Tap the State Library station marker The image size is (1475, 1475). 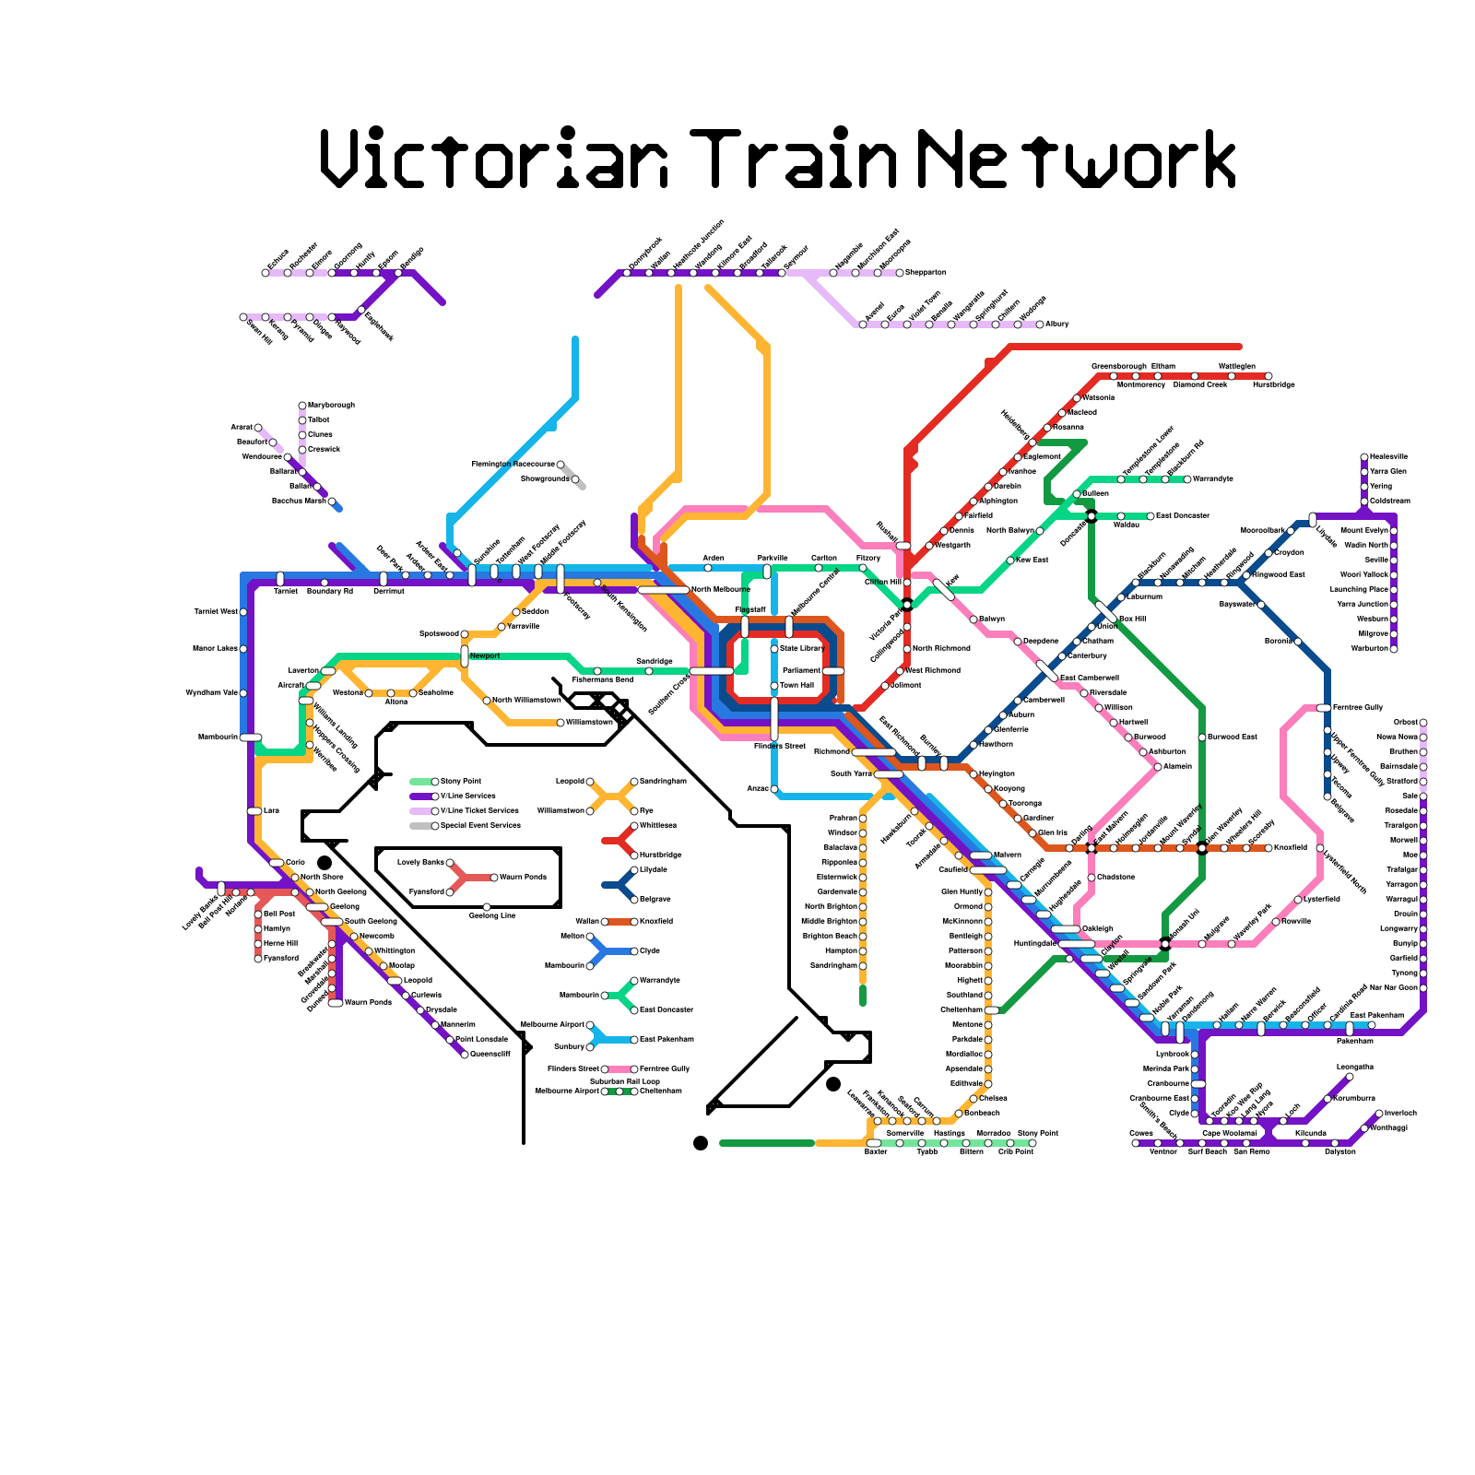pos(774,649)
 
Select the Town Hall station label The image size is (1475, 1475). pos(798,686)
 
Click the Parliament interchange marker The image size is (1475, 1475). pos(833,670)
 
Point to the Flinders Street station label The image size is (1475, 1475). pos(780,746)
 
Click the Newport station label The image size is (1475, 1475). pos(485,656)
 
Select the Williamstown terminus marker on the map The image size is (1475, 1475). pos(560,723)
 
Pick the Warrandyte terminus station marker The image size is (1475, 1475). pos(1187,478)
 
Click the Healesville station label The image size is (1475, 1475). pos(1389,457)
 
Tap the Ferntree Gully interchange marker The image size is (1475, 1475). pos(1324,707)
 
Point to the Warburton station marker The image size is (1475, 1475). pos(1394,649)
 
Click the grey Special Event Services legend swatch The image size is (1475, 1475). pos(420,826)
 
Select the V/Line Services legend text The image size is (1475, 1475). pos(468,796)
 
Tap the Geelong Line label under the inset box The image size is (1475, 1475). pos(492,915)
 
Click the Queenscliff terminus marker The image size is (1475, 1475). pos(465,1055)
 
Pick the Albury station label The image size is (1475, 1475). pos(1057,324)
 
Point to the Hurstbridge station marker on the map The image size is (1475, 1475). pos(1268,376)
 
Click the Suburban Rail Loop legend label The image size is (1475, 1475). pos(624,1081)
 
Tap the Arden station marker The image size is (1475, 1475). pos(708,568)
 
